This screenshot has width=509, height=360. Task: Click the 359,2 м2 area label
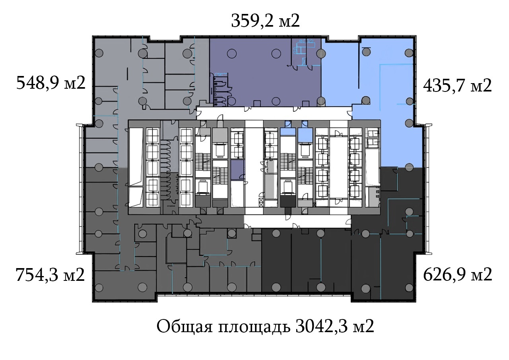[265, 21]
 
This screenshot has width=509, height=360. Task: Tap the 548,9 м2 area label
[51, 83]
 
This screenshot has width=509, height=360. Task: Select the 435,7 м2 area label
[457, 86]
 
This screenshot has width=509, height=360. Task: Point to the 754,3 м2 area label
[50, 275]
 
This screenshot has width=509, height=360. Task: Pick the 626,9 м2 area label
[458, 274]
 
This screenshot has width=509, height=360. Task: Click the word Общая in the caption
[185, 327]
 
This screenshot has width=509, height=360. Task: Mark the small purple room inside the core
[237, 170]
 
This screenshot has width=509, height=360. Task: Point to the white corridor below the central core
[297, 221]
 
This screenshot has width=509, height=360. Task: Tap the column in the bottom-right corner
[409, 287]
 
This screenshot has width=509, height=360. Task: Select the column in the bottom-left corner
[99, 288]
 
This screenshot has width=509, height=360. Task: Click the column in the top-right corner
[409, 53]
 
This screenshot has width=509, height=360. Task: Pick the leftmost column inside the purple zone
[231, 54]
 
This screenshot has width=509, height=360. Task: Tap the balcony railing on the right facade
[428, 189]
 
